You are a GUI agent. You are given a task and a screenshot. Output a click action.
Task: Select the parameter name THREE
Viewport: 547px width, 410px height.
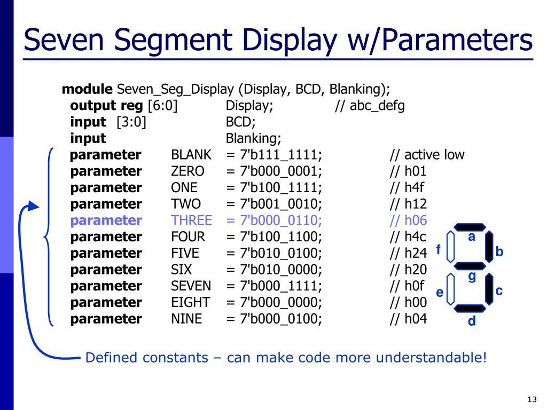(191, 220)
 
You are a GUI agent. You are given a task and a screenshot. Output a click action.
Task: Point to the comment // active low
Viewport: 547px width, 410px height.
(427, 155)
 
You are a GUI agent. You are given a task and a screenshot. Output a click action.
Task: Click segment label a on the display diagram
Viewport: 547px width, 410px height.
(472, 237)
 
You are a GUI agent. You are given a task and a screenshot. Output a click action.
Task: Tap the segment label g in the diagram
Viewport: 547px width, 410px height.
(472, 277)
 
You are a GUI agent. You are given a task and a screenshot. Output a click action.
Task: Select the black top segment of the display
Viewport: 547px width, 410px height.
(470, 227)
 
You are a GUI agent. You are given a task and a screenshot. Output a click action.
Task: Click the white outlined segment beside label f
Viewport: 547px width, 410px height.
(451, 247)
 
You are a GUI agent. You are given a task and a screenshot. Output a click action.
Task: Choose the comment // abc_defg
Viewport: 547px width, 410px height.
(370, 106)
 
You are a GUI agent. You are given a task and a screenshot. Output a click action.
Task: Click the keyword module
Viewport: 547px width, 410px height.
(87, 89)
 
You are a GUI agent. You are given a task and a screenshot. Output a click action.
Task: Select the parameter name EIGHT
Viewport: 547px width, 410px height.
(190, 303)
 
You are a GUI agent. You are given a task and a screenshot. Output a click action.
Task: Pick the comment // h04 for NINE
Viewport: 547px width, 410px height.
(408, 319)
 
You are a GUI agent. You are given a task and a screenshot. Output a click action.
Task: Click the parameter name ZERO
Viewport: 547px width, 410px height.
(187, 171)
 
